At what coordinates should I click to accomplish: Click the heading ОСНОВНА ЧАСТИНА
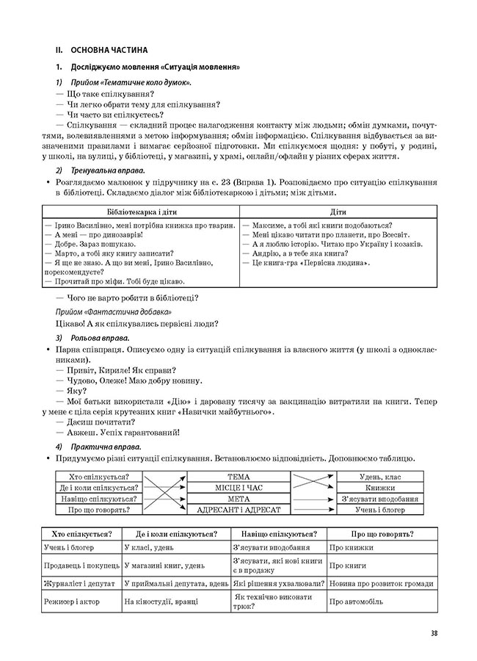coord(109,51)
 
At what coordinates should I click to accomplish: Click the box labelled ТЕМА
coord(239,476)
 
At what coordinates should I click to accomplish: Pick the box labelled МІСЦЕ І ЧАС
coord(239,487)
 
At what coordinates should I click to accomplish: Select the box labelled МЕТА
coord(239,498)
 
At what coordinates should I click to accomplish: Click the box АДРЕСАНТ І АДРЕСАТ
coord(239,509)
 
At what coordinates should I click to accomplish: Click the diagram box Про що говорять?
coord(99,509)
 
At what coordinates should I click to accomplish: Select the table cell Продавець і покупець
coord(80,566)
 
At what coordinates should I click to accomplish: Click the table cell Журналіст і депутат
coord(80,583)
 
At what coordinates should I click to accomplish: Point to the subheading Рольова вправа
coord(101,337)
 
